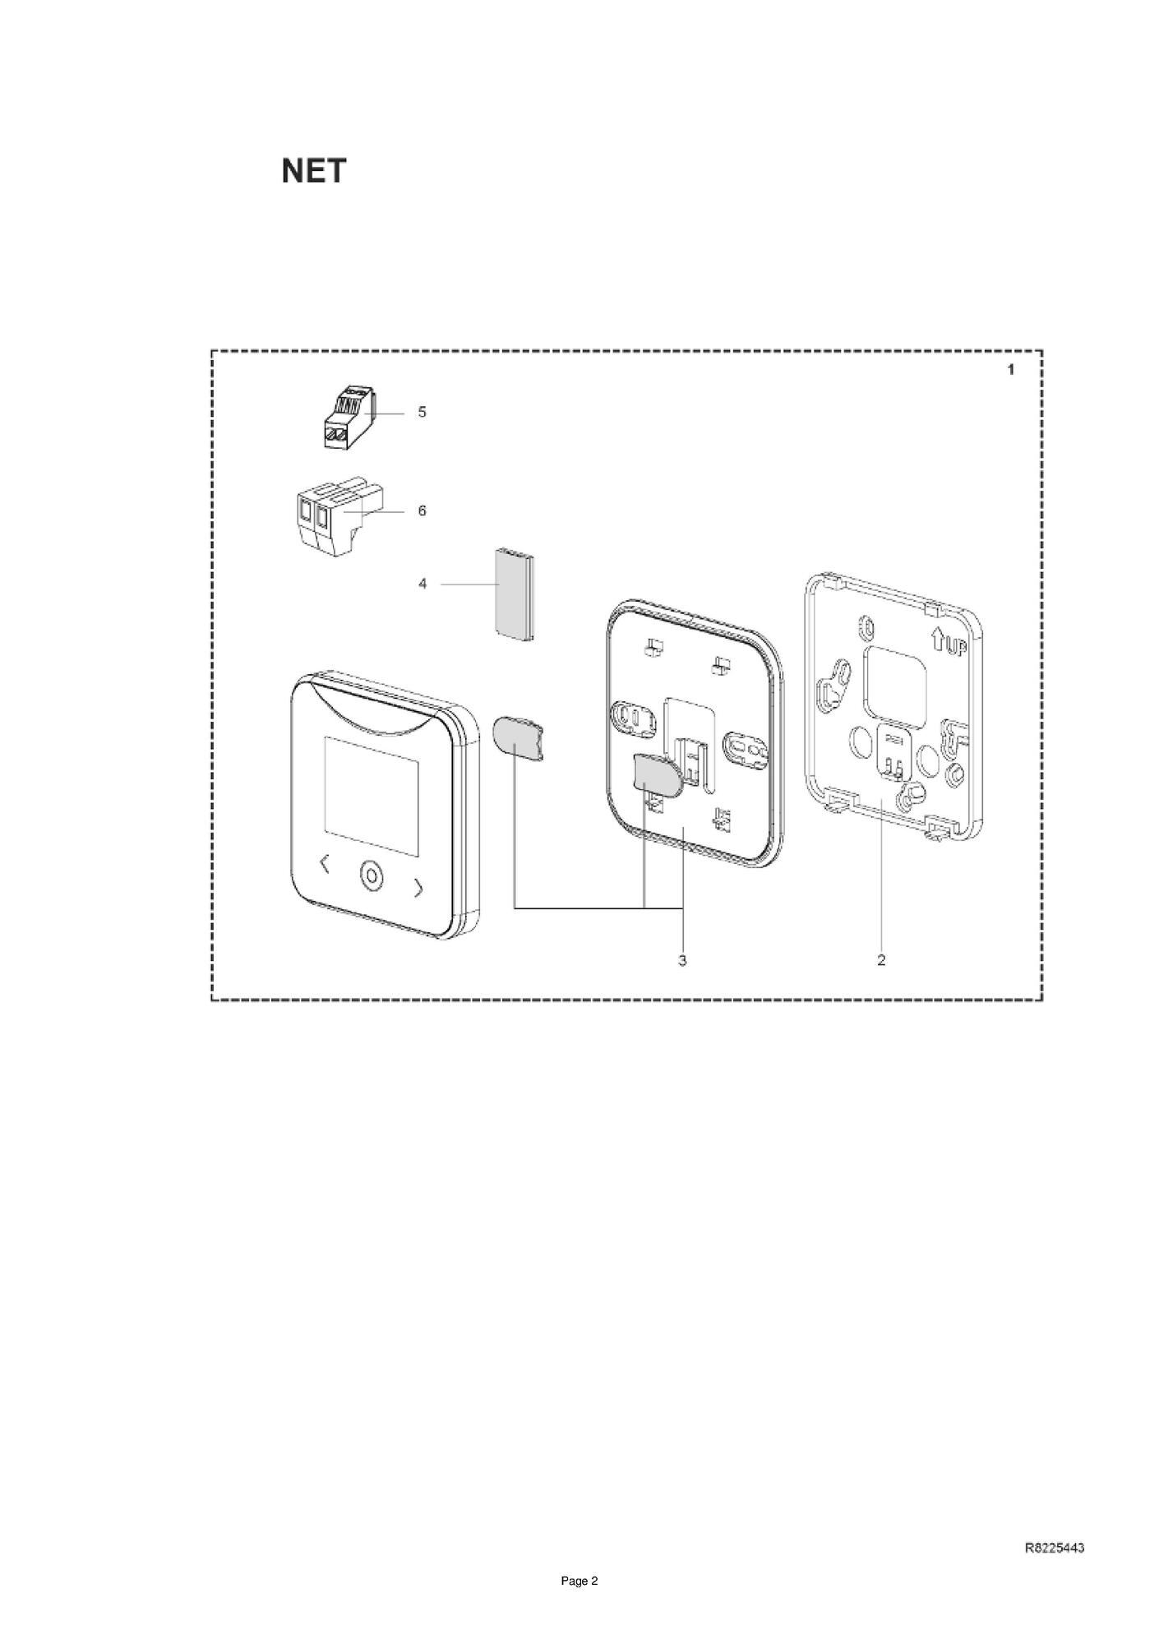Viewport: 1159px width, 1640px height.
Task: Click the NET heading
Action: (x=313, y=171)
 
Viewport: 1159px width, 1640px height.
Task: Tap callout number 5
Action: (x=422, y=412)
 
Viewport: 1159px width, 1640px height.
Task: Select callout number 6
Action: (x=422, y=510)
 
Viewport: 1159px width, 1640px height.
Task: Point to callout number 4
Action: (x=423, y=584)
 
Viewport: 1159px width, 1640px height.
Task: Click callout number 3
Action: (x=682, y=959)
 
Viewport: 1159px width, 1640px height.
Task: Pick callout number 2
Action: (x=881, y=959)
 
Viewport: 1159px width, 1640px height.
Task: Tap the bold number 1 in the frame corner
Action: (x=1010, y=370)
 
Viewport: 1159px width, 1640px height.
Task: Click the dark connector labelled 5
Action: (x=346, y=418)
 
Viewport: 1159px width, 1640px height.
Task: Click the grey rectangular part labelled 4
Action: (x=511, y=592)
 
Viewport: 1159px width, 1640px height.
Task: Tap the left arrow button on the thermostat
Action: (x=324, y=865)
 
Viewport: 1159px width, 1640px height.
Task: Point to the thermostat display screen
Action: (x=372, y=783)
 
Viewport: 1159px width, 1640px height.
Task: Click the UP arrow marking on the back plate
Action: (x=947, y=642)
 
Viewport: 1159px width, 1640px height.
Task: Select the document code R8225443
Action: (x=1055, y=1548)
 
